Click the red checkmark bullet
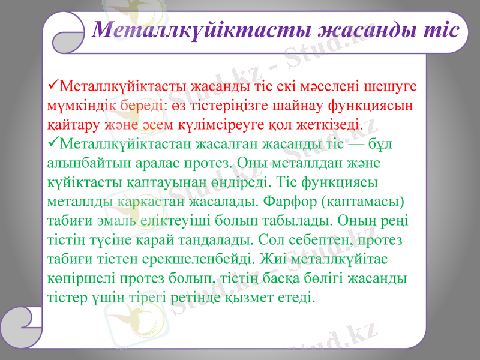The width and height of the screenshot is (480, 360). point(53,86)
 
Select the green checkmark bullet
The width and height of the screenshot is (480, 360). point(53,145)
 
